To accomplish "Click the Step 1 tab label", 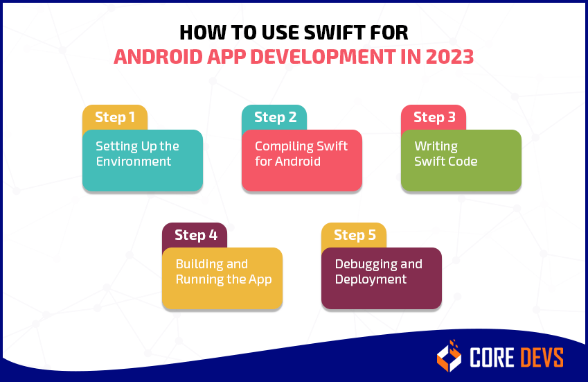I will coord(115,117).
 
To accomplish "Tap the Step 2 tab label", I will coord(274,117).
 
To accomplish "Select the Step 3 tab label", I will coord(434,117).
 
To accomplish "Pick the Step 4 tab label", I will coord(195,235).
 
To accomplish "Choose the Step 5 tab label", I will coord(355,235).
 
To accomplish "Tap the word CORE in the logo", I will coord(493,357).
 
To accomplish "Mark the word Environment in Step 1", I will coord(133,162).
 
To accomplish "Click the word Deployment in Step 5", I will coord(371,279).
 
